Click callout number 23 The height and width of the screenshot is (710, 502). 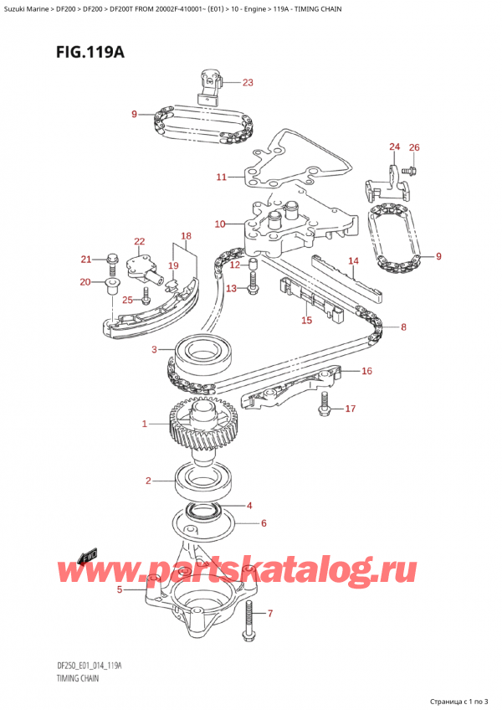click(247, 82)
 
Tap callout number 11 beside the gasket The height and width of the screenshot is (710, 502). click(221, 177)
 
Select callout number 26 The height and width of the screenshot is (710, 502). click(414, 148)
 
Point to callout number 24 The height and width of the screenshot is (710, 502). click(394, 148)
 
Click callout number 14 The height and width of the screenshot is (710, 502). click(353, 261)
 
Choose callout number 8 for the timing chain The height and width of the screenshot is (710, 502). click(403, 327)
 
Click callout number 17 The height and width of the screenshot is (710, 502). click(351, 409)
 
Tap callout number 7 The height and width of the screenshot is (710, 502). click(269, 614)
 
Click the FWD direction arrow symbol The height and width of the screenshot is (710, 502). click(85, 557)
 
